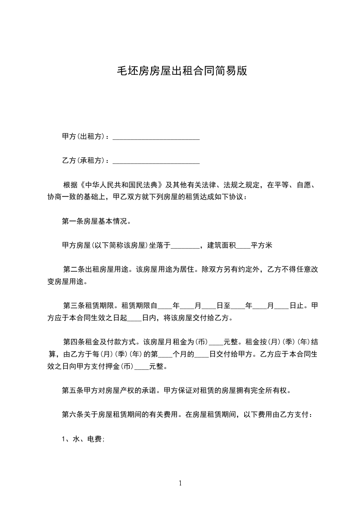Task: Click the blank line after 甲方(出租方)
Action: (x=156, y=137)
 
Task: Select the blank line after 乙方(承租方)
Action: (x=156, y=161)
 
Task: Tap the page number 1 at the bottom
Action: (x=180, y=484)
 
